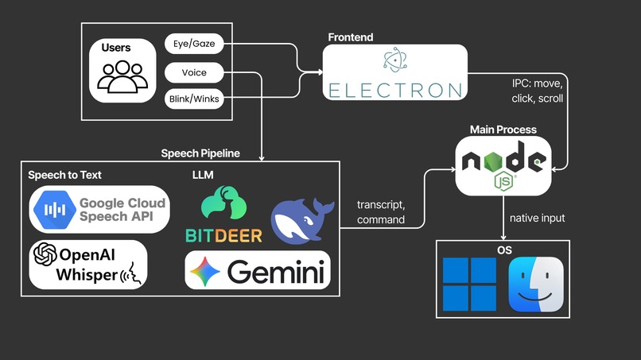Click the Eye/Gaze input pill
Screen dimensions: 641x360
[x=194, y=44]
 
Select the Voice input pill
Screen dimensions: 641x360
[x=194, y=73]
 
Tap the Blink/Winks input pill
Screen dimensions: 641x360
[x=194, y=99]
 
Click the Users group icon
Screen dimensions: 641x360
[x=122, y=76]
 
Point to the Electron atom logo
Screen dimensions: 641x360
[x=395, y=60]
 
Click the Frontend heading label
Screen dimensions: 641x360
[x=351, y=37]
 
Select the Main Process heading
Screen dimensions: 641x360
[x=503, y=130]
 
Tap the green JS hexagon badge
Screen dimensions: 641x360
[x=503, y=181]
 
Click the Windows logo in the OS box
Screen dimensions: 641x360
[x=470, y=285]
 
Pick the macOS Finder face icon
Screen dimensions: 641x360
[x=536, y=285]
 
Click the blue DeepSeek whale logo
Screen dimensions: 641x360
[x=301, y=221]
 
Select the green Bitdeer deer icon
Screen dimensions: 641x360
[x=223, y=203]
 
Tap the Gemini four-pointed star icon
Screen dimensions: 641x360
[x=205, y=272]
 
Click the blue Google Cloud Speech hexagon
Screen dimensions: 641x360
[x=55, y=210]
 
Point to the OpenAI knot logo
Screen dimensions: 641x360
[x=45, y=254]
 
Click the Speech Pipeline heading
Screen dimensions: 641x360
[x=200, y=153]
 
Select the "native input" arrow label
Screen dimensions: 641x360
[x=537, y=219]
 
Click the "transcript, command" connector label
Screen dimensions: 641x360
[x=381, y=212]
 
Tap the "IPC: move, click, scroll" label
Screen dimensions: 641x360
[x=537, y=91]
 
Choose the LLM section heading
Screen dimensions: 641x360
[x=203, y=175]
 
